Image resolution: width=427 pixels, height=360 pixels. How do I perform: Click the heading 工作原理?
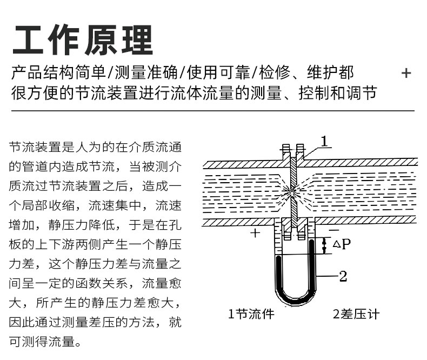[83, 41]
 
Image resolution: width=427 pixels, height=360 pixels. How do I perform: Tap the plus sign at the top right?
[406, 73]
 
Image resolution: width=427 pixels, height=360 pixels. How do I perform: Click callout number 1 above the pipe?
[324, 141]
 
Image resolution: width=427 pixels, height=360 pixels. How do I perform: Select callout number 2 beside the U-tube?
[343, 276]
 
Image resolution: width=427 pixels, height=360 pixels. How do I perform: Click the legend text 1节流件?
[251, 314]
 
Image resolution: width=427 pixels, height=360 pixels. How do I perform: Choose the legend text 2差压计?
[356, 314]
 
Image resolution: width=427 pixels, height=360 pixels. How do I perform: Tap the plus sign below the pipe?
[255, 233]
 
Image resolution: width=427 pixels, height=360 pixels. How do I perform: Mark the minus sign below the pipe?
[334, 230]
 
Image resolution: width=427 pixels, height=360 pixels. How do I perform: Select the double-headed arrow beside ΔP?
[324, 245]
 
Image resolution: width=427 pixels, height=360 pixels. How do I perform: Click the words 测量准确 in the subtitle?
[146, 72]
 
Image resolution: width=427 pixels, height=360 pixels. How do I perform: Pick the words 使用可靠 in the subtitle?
[218, 72]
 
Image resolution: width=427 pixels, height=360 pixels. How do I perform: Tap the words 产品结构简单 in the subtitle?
[58, 72]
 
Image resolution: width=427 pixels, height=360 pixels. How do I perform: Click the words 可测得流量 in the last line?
[42, 342]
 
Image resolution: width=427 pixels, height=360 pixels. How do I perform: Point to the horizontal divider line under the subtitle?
[213, 111]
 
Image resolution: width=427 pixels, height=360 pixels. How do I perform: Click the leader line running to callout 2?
[327, 276]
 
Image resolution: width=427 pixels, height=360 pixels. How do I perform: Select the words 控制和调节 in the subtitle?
[338, 93]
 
